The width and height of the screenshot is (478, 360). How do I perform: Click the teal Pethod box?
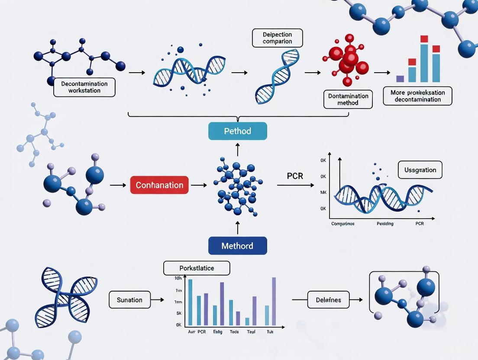tap(237, 131)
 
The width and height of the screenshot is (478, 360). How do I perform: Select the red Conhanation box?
tap(159, 185)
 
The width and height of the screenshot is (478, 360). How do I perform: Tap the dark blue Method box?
tap(237, 246)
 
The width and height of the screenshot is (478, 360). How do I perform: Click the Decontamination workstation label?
tap(84, 87)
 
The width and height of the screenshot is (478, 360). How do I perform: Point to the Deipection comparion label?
tap(277, 38)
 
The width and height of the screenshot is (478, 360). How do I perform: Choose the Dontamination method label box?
tap(348, 99)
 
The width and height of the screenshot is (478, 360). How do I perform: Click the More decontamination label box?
tap(417, 96)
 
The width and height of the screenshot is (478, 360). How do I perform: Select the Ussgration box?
tap(420, 170)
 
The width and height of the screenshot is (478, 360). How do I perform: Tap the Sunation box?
tap(129, 300)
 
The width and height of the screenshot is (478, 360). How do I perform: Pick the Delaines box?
tap(328, 299)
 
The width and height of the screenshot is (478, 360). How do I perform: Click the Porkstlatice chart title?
tap(197, 268)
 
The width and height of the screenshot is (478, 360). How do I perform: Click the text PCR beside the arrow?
tap(295, 177)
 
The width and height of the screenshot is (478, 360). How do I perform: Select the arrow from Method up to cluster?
tap(237, 228)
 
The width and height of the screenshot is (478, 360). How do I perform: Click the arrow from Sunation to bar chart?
tap(157, 299)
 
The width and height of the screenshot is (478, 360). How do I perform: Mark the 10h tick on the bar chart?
tap(178, 278)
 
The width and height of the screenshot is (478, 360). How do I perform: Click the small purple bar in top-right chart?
tap(400, 79)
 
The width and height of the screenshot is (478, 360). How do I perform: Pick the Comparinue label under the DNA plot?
tap(343, 224)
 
